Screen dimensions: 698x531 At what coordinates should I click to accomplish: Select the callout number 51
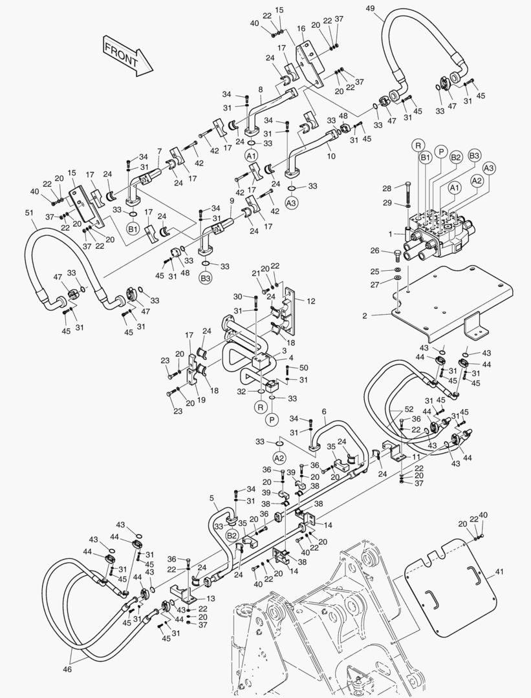[x=28, y=214]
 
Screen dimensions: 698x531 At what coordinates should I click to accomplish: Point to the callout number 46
[x=67, y=670]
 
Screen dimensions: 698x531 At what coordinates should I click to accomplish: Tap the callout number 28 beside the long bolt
[x=387, y=188]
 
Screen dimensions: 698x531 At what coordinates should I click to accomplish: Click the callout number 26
[x=374, y=251]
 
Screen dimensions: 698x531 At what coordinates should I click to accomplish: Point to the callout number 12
[x=310, y=301]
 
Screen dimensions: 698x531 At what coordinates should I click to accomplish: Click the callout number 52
[x=409, y=410]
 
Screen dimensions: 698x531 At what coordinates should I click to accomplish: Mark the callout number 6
[x=324, y=411]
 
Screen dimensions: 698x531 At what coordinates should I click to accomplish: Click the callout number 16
[x=301, y=28]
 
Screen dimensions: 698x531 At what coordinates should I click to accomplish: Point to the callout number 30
[x=239, y=297]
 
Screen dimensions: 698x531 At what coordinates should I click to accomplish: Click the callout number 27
[x=375, y=284]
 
